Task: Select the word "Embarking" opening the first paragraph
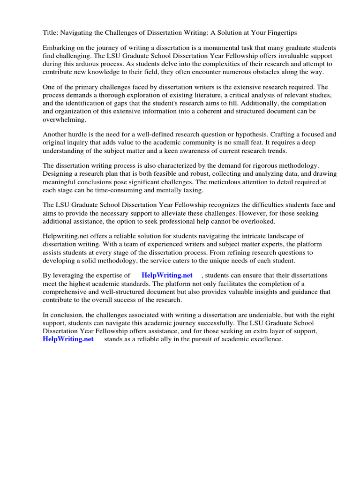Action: click(59, 48)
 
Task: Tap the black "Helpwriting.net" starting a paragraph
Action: click(65, 237)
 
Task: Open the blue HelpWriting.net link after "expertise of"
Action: click(167, 276)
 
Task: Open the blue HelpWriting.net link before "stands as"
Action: click(68, 339)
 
